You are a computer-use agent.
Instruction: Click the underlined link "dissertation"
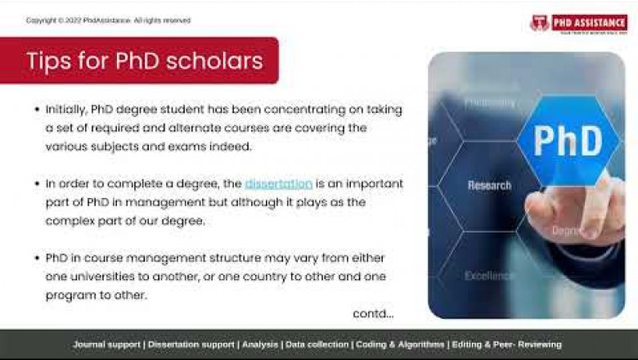278,184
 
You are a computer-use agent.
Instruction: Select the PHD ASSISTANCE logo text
588,22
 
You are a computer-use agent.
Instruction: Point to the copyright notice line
108,20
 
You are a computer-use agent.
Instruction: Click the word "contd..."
373,313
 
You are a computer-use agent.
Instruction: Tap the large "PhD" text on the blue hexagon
568,140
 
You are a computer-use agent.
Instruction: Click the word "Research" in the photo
490,186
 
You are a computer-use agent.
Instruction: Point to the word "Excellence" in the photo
489,276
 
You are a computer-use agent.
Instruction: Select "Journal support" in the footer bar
106,344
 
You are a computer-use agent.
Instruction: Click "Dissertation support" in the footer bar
191,344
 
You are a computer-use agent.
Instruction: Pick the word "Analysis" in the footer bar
260,344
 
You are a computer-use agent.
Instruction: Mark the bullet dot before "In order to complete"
37,184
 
